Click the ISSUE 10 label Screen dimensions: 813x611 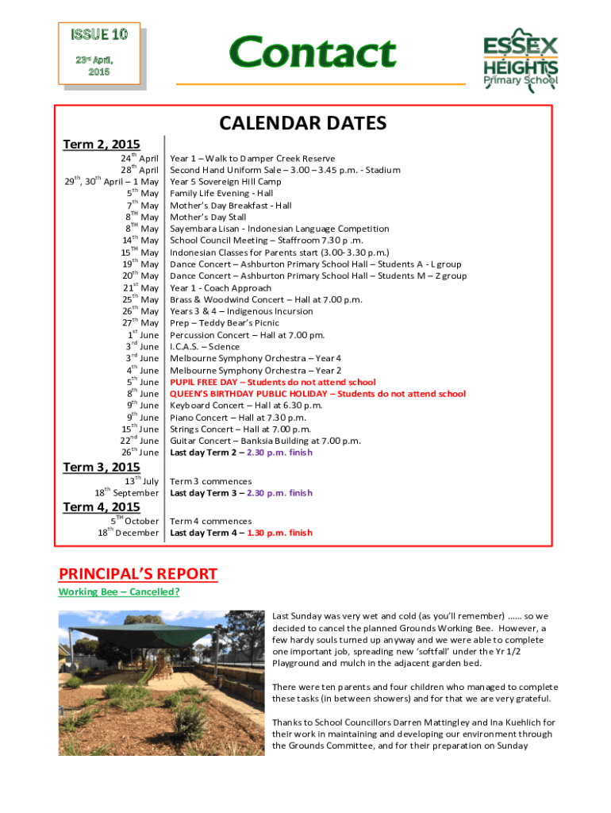point(99,34)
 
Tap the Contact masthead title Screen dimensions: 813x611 point(312,52)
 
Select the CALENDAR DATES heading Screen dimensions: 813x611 point(302,123)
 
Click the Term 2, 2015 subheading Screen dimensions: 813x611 point(101,144)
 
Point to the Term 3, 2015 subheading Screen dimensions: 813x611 point(101,467)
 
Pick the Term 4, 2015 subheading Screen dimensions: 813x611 point(101,507)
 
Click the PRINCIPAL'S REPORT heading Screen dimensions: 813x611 point(137,574)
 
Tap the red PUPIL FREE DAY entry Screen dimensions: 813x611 point(273,382)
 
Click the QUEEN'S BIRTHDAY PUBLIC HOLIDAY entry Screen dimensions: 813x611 point(317,394)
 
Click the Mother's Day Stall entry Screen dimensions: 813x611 point(208,217)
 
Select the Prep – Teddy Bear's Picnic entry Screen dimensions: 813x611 point(225,323)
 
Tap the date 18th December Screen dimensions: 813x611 point(128,533)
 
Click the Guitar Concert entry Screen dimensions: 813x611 point(265,441)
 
